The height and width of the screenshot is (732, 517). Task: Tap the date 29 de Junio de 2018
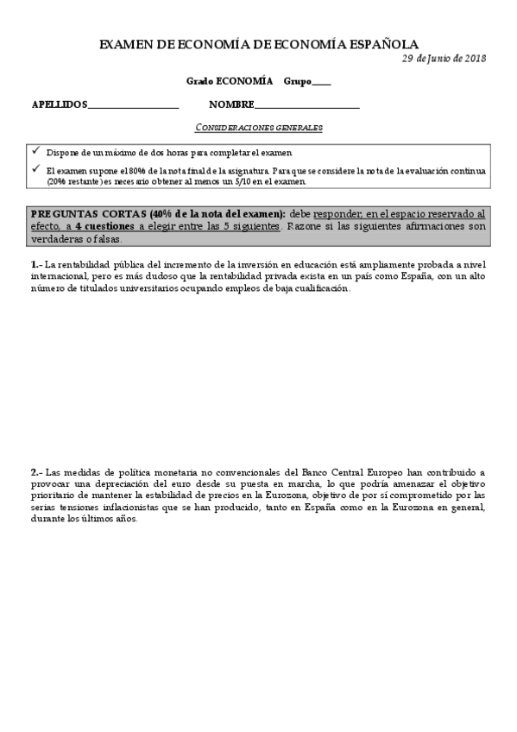444,59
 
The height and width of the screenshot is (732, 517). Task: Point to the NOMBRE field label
231,105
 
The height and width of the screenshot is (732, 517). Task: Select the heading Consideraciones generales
259,128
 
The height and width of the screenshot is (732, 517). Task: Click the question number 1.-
36,264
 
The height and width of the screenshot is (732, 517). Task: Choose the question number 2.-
36,473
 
